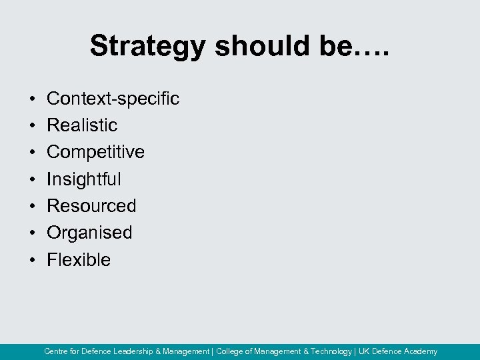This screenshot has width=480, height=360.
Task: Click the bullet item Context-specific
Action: (113, 99)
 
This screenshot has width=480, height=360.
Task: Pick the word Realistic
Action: (82, 125)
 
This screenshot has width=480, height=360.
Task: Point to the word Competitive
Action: (95, 152)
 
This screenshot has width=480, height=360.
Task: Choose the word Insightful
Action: (84, 179)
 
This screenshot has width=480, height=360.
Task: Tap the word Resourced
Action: (91, 206)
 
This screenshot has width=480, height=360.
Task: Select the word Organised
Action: (89, 233)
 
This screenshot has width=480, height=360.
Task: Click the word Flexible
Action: (79, 259)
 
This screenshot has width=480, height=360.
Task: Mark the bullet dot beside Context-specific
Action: (32, 99)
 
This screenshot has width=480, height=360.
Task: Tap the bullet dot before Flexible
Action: (32, 260)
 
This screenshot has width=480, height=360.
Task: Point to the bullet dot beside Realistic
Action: (32, 126)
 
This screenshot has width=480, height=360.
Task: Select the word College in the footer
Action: (230, 351)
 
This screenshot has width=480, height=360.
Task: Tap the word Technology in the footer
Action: (331, 351)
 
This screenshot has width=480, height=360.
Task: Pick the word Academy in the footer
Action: (420, 351)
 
